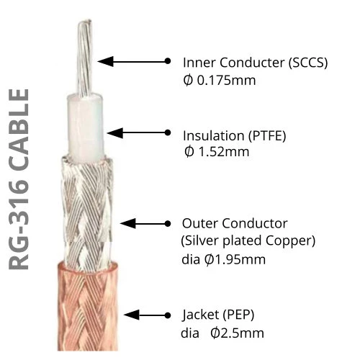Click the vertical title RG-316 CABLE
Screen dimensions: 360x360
(x=19, y=179)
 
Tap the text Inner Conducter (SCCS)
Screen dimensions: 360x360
(x=255, y=63)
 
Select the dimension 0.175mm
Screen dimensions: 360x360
(x=226, y=81)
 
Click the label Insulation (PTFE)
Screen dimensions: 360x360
(x=235, y=136)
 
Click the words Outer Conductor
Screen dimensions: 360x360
(x=235, y=223)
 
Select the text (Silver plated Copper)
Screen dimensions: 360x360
(x=248, y=241)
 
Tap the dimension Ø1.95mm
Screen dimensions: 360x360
(x=235, y=259)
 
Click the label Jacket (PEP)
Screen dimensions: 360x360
(x=218, y=315)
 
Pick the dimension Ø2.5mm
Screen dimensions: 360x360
(x=237, y=333)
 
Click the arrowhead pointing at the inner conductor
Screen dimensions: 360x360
(x=106, y=61)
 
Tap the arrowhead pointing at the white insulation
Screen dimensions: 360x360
(x=114, y=132)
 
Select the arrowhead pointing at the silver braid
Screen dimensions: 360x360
(x=127, y=224)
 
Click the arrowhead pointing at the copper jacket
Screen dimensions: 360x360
(x=131, y=315)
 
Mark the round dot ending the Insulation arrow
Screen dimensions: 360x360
(x=168, y=132)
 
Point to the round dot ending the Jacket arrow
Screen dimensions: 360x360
(x=168, y=315)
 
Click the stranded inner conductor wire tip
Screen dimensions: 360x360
(x=84, y=58)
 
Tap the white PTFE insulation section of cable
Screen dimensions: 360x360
(x=86, y=128)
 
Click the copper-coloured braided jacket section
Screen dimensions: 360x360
(x=88, y=307)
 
